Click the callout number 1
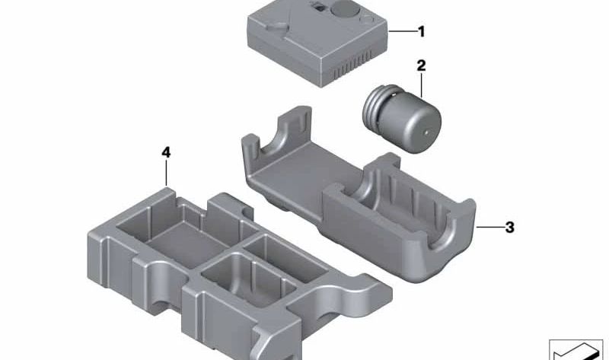click(420, 32)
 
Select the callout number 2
click(420, 66)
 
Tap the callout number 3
click(509, 227)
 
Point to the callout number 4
click(167, 152)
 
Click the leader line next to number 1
click(400, 32)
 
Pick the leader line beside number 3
click(488, 227)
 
